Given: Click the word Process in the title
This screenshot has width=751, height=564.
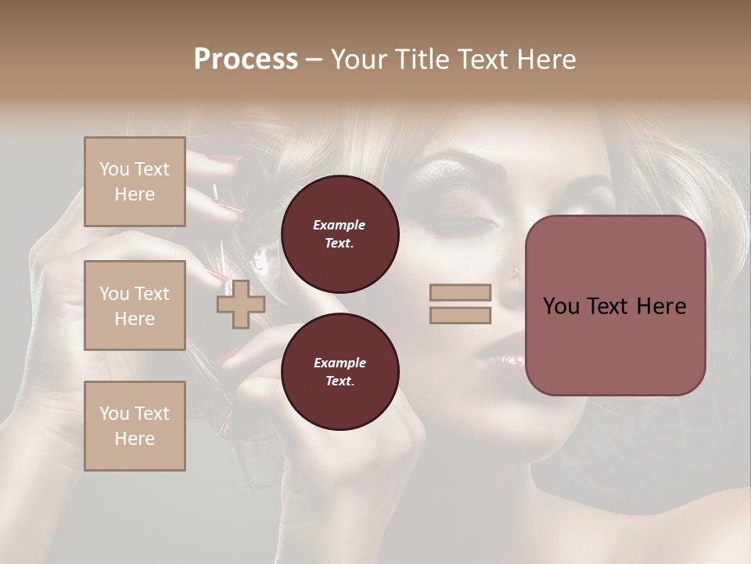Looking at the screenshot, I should [x=246, y=60].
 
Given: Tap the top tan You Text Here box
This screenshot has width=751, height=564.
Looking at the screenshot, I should [x=135, y=182].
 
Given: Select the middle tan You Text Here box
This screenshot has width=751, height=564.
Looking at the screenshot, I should [x=135, y=305].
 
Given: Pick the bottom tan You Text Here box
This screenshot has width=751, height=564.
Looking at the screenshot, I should [x=135, y=426].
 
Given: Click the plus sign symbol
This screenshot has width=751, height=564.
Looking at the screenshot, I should [x=241, y=304].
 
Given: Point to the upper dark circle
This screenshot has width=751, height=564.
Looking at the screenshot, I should [x=340, y=234].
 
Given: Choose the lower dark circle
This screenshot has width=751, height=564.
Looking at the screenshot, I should [x=340, y=372].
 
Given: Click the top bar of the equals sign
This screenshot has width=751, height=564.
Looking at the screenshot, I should [x=461, y=292].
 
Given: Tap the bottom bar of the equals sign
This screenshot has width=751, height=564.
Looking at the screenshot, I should [x=461, y=316].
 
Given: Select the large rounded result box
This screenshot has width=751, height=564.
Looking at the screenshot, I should [x=616, y=305].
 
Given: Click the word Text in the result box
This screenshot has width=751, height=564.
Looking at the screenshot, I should [x=614, y=306].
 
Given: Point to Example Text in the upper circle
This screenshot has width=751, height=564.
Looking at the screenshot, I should [x=340, y=234].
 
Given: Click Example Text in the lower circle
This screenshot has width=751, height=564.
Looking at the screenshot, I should [x=340, y=372].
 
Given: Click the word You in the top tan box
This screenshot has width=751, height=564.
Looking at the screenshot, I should [x=114, y=169].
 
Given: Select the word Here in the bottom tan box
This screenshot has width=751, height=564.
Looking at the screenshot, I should [x=135, y=439].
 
